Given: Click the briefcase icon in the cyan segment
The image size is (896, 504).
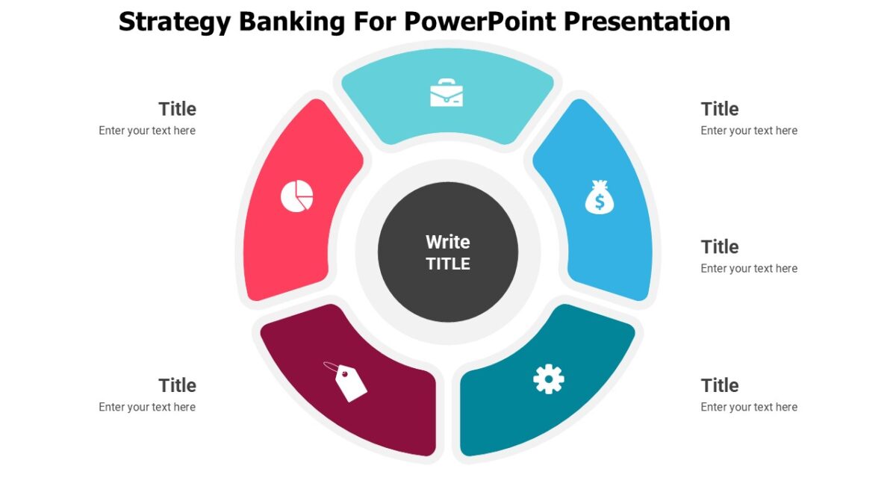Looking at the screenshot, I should [x=447, y=93].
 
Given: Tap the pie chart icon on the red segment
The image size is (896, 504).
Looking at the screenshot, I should [x=296, y=196].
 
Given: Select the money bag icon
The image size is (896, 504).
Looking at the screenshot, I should [x=600, y=198].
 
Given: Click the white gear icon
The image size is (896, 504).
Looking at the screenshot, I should [x=549, y=379].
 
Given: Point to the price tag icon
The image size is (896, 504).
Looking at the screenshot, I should [x=346, y=381].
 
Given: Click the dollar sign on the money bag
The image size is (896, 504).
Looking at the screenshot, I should [x=600, y=202].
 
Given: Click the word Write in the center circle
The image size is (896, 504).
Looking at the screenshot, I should [x=448, y=242].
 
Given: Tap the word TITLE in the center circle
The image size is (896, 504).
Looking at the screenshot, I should [x=448, y=264].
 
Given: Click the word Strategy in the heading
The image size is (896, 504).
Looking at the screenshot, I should [x=175, y=22].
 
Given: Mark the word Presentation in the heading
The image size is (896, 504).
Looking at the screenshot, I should [x=647, y=22].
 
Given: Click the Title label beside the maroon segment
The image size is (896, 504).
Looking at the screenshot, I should [x=177, y=385].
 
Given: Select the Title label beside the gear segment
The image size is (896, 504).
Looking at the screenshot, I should [x=720, y=385].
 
